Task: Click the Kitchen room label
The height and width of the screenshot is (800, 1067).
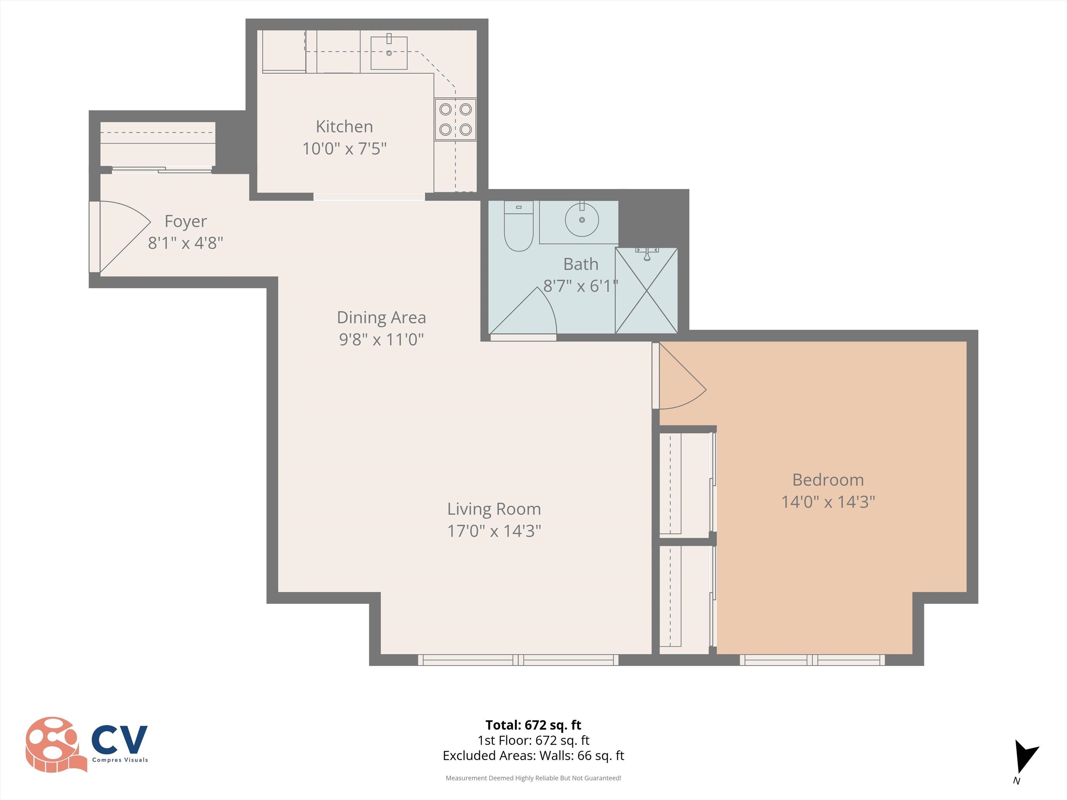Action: tap(345, 126)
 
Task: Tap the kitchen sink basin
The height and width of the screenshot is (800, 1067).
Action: tap(389, 53)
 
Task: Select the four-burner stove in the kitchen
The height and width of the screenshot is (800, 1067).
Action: tap(455, 119)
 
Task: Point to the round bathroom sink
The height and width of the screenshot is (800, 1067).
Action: tap(582, 220)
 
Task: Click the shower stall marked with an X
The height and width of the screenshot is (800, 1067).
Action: tap(646, 290)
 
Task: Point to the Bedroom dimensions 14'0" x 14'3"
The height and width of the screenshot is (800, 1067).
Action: tap(828, 502)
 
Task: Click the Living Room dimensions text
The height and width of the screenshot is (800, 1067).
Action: tap(494, 531)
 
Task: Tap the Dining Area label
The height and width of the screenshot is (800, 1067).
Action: tap(381, 317)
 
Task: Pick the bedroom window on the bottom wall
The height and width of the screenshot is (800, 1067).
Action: tap(812, 660)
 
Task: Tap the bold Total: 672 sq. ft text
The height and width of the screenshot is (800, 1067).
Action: tap(533, 725)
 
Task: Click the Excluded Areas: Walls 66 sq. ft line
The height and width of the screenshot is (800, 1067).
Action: tap(533, 755)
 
